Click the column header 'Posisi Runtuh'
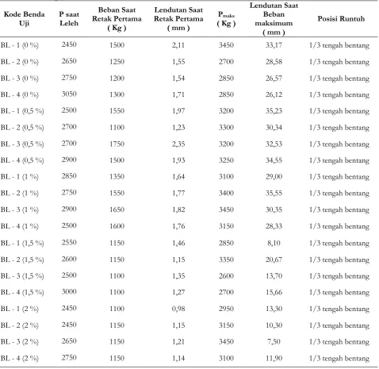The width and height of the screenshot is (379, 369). (x=341, y=19)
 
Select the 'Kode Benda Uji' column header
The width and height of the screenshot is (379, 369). (x=24, y=18)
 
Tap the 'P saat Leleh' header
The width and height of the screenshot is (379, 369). (x=69, y=18)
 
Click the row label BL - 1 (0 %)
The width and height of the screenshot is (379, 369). (x=20, y=45)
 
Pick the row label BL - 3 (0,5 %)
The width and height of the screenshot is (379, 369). (x=22, y=144)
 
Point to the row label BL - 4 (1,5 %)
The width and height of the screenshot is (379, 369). (x=22, y=292)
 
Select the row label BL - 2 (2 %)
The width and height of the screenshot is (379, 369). (x=20, y=325)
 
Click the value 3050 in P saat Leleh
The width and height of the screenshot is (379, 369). (x=69, y=94)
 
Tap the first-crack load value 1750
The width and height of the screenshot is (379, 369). (x=117, y=144)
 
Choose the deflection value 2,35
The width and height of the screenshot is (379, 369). (x=178, y=144)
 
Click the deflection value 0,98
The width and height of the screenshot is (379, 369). (x=178, y=309)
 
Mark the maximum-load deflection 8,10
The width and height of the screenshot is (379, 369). (x=274, y=243)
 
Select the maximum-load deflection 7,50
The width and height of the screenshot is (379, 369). (x=274, y=341)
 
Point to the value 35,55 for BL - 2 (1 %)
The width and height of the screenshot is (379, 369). (x=274, y=193)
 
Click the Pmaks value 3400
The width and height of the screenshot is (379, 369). (x=226, y=193)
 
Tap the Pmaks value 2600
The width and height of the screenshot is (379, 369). (x=226, y=275)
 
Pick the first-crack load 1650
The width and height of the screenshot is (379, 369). (x=117, y=209)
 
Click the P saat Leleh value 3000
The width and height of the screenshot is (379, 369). (x=69, y=291)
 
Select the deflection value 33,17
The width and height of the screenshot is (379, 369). (x=274, y=45)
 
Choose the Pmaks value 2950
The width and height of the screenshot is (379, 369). (x=226, y=309)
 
